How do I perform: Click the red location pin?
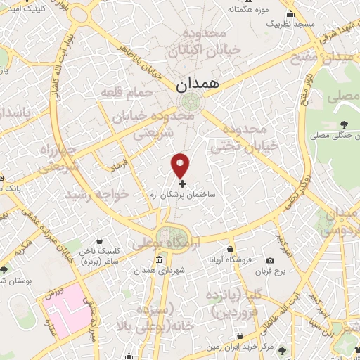[x=181, y=166]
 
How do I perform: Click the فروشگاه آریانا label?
[x=229, y=259]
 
